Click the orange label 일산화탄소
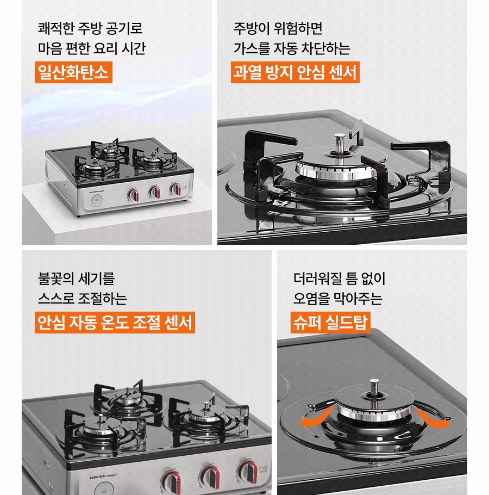[x=73, y=72]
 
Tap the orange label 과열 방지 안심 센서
[x=295, y=72]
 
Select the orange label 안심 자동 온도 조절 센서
[x=115, y=323]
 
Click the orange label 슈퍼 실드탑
[x=330, y=323]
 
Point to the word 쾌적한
[x=55, y=28]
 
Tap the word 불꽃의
[x=55, y=279]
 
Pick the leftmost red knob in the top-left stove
[x=133, y=195]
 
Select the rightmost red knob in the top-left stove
[x=175, y=189]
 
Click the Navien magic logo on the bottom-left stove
[x=103, y=476]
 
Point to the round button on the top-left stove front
[x=97, y=200]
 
